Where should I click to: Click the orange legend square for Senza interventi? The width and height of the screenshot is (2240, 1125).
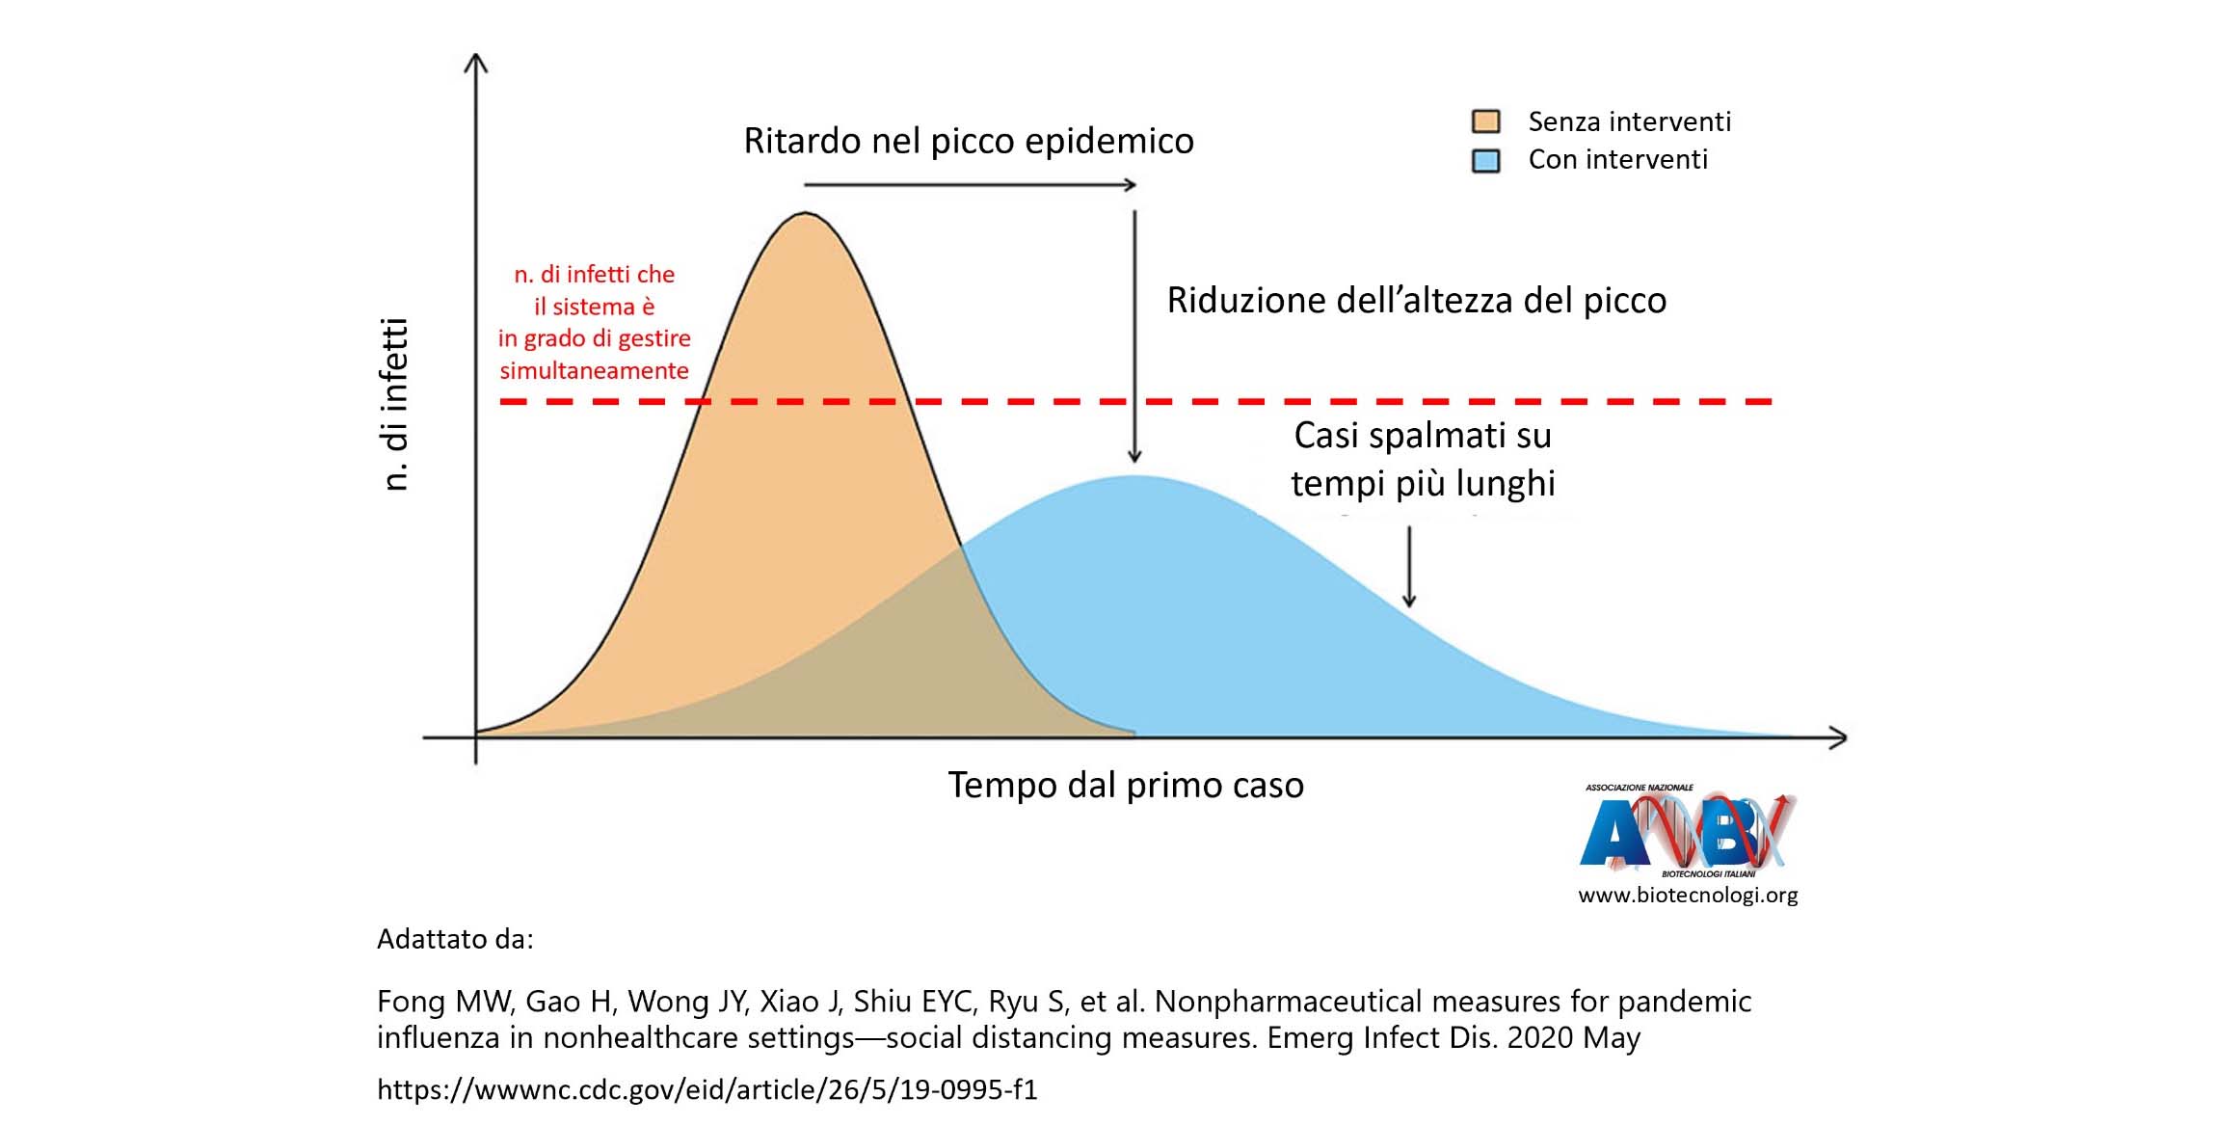pos(1485,121)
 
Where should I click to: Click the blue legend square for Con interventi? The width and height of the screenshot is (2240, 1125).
pos(1485,160)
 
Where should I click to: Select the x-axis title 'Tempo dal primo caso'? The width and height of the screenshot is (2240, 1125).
pos(1126,785)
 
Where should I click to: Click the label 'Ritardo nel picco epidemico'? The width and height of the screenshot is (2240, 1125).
pos(969,142)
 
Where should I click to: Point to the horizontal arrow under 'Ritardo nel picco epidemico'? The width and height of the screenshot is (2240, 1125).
pos(969,184)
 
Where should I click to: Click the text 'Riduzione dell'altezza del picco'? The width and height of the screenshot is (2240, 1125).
pos(1416,301)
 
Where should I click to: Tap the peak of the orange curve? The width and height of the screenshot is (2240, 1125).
pos(806,215)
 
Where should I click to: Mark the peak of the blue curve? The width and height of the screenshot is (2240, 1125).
pos(1135,477)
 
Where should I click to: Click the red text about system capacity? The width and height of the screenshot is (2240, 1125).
pos(594,322)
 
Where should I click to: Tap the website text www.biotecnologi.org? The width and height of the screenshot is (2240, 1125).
pos(1688,896)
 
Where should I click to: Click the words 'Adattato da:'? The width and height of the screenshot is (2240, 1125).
pos(455,939)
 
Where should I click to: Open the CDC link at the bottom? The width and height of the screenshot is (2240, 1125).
pos(707,1089)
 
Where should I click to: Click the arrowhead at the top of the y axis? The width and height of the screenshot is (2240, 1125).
pos(476,64)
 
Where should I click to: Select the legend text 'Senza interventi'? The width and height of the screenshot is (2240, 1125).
pos(1629,122)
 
